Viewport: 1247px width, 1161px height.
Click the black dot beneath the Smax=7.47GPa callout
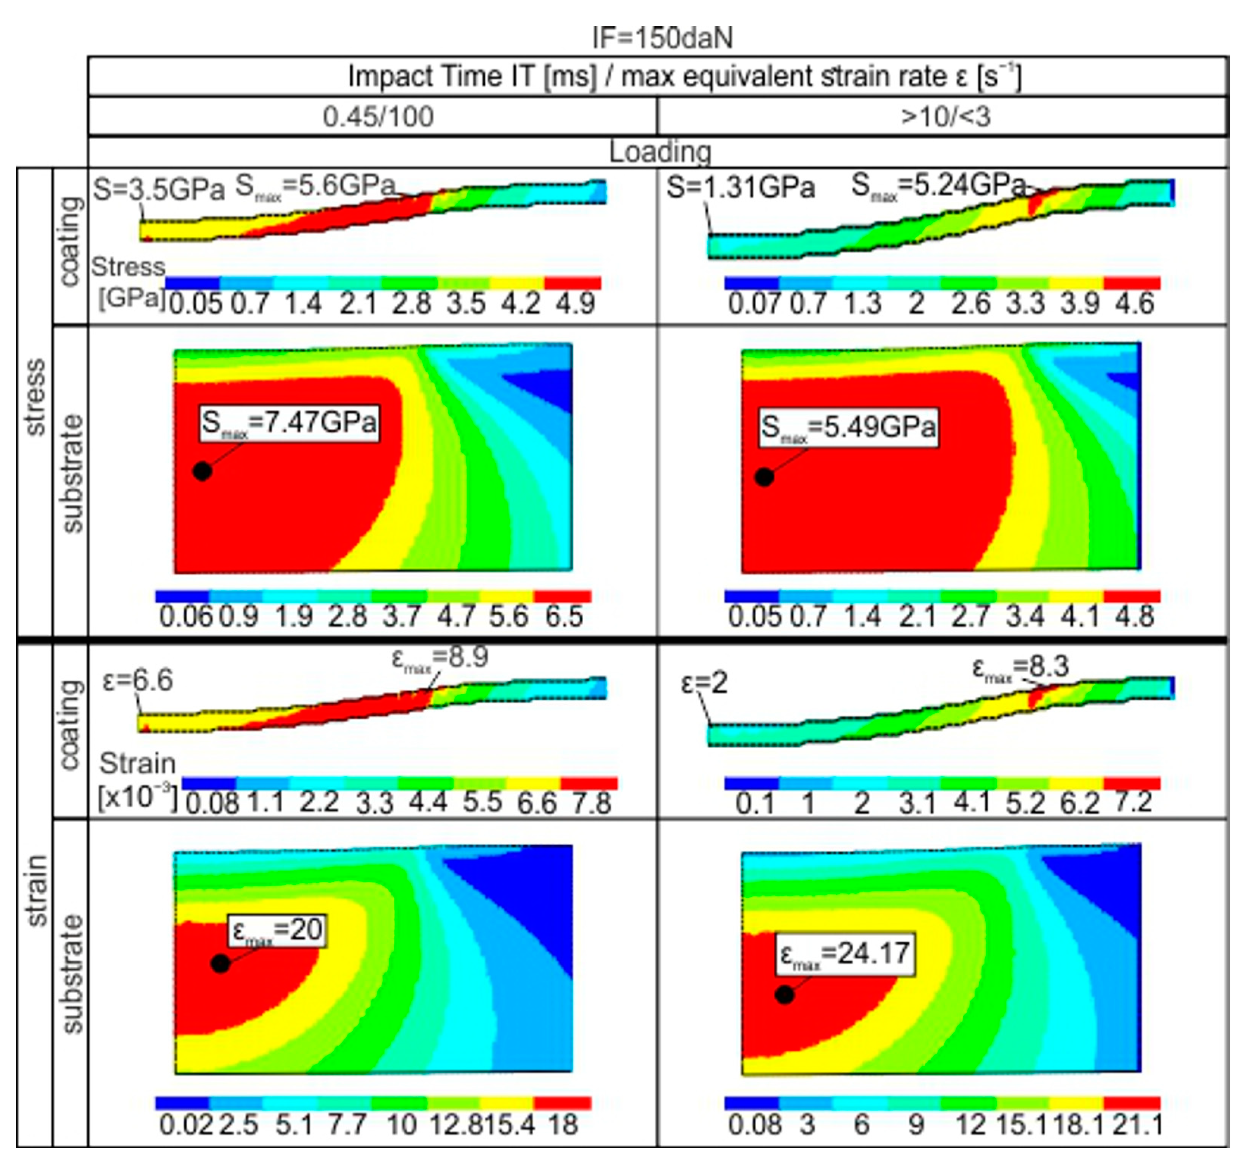point(202,471)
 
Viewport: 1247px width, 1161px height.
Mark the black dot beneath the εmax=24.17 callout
point(784,994)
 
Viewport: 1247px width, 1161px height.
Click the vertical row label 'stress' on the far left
point(35,396)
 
